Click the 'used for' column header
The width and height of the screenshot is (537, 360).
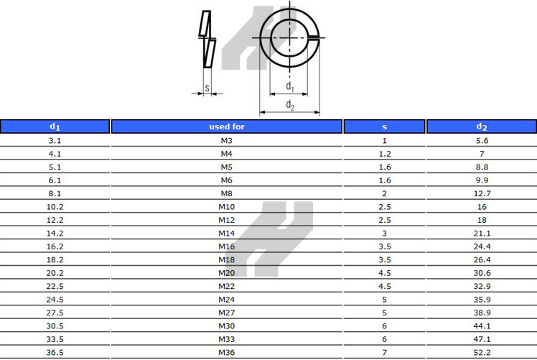pos(226,126)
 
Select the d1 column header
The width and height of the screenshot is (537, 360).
pos(55,126)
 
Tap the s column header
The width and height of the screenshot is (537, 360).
pos(384,126)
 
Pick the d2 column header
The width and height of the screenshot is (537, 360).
pos(482,126)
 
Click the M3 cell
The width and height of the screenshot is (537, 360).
pos(226,140)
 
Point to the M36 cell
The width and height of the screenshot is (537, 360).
pos(226,352)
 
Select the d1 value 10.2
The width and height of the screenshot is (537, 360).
pos(55,207)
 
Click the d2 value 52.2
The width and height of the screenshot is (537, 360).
pos(482,352)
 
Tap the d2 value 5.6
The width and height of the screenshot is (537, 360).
pos(482,140)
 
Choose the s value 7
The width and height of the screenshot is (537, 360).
pos(384,352)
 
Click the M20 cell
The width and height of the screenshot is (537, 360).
pos(226,273)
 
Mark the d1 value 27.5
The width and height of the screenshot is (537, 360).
pos(55,313)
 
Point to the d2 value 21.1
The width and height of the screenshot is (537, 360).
pos(482,234)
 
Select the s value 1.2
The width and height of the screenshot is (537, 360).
pos(384,154)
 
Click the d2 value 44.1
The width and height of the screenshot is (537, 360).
pos(482,326)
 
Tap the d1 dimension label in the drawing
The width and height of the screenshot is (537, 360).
pos(289,86)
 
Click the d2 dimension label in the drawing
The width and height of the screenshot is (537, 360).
pos(289,105)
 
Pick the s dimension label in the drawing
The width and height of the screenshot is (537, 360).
pos(207,88)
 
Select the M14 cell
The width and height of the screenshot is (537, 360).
pos(226,234)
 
